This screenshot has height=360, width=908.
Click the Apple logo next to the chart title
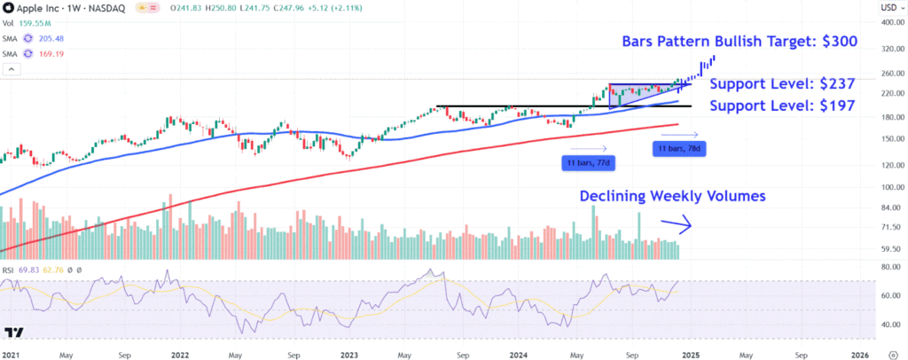[8, 8]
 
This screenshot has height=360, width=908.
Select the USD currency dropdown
[887, 8]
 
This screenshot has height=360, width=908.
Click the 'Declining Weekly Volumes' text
[671, 196]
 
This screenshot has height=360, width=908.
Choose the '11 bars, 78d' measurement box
[678, 149]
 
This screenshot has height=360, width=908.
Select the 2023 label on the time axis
[349, 353]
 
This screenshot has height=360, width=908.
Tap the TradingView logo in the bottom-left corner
[13, 333]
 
